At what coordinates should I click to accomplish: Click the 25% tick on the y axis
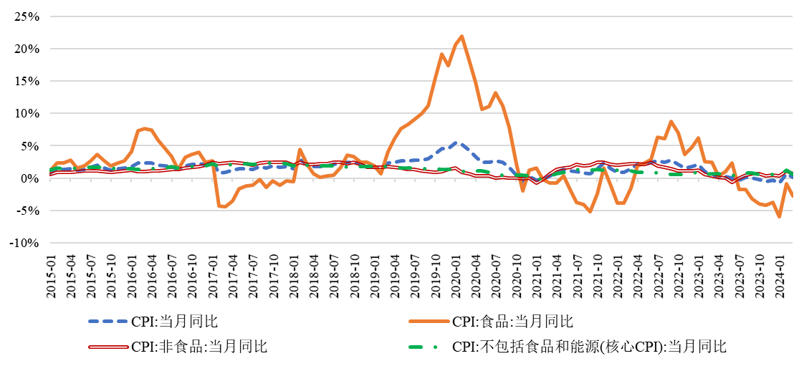click(24, 16)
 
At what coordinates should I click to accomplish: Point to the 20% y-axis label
click(24, 49)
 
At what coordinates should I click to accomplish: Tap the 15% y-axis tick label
click(24, 81)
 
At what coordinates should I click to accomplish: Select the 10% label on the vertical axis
click(24, 113)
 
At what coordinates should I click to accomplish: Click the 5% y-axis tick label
click(27, 146)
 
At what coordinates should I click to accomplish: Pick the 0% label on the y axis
click(27, 178)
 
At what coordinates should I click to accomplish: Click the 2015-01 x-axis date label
click(51, 274)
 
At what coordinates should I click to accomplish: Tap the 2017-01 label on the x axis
click(213, 274)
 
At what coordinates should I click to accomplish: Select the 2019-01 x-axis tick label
click(375, 274)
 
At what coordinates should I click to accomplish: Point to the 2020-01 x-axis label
click(456, 274)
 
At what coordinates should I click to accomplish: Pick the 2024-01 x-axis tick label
click(780, 274)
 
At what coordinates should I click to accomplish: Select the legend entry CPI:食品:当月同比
click(513, 321)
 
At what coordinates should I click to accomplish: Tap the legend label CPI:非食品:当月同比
click(199, 347)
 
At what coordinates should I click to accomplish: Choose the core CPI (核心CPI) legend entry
click(589, 347)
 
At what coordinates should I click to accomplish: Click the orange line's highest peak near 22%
click(461, 36)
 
